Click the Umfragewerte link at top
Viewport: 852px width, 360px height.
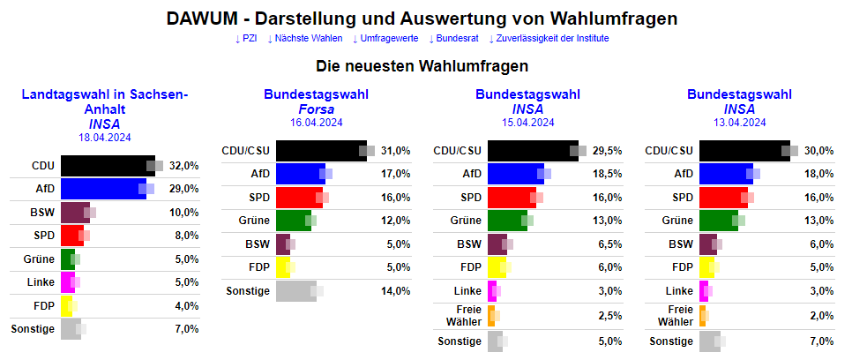tap(387, 39)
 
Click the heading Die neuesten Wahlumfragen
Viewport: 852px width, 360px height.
tap(424, 66)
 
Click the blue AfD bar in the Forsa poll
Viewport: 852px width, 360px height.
tap(301, 174)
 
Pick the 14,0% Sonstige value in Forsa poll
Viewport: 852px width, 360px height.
tap(396, 291)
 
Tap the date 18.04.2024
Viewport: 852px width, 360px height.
tap(104, 137)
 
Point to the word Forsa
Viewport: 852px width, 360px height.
tap(316, 109)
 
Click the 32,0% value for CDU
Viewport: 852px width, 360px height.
tap(184, 165)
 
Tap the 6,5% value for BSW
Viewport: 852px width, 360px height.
tap(608, 244)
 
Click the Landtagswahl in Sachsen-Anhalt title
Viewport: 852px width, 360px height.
tap(104, 101)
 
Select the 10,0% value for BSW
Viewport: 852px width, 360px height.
tap(184, 213)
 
